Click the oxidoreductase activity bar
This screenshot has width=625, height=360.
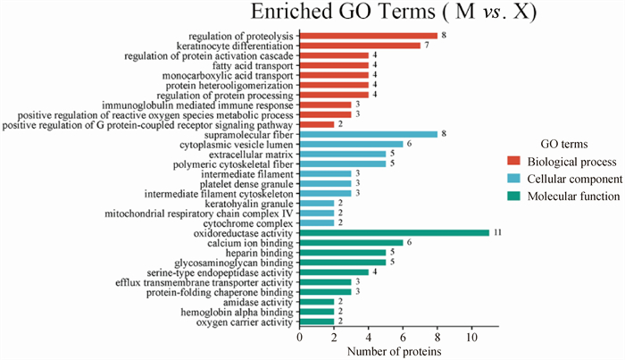pyautogui.click(x=394, y=233)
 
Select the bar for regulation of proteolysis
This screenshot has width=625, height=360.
pyautogui.click(x=368, y=36)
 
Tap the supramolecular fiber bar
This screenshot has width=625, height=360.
pyautogui.click(x=368, y=134)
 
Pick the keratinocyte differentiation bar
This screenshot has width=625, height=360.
pyautogui.click(x=359, y=46)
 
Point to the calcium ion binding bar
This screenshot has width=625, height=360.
pyautogui.click(x=351, y=243)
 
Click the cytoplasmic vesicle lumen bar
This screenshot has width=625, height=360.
pyautogui.click(x=351, y=144)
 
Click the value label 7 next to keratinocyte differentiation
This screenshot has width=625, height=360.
pyautogui.click(x=428, y=46)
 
